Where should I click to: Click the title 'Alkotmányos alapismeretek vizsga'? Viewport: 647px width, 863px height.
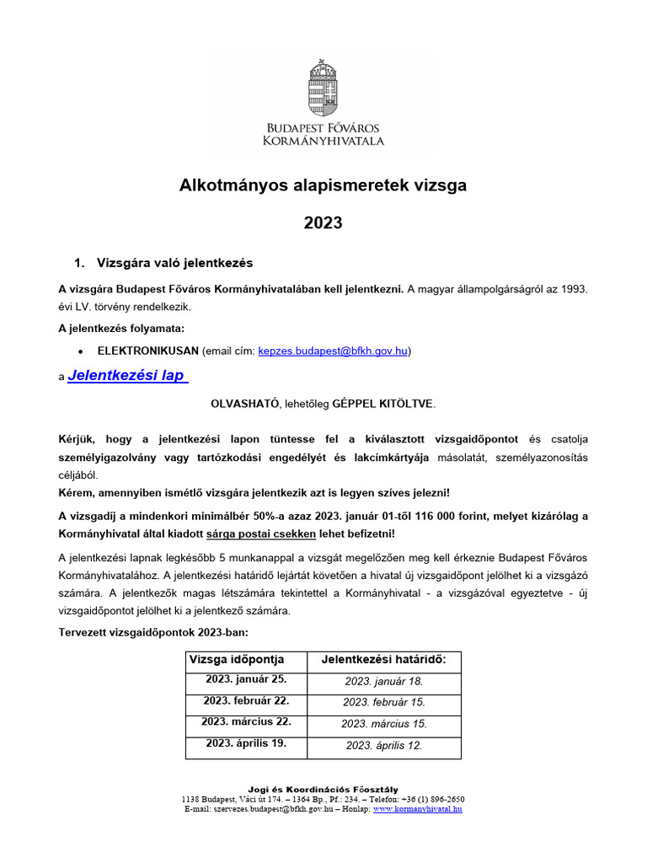point(323,185)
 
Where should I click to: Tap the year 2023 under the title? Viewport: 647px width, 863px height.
point(323,222)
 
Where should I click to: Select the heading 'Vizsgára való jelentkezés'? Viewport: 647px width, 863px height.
point(174,262)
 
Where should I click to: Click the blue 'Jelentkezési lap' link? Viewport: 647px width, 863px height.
point(127,376)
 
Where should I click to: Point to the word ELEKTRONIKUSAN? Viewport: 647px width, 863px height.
point(148,350)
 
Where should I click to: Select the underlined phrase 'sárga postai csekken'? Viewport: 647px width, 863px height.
point(265,534)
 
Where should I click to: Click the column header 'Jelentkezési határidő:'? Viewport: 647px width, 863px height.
point(383,660)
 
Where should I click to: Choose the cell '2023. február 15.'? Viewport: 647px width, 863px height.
point(383,702)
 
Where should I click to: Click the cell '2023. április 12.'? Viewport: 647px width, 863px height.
point(383,745)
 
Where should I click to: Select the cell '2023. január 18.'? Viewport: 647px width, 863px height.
point(383,681)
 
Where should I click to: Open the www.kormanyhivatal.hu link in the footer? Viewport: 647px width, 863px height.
point(418,809)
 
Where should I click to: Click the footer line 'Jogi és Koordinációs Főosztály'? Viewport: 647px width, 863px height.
point(323,789)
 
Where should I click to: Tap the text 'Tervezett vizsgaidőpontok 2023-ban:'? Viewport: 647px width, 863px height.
point(153,632)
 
